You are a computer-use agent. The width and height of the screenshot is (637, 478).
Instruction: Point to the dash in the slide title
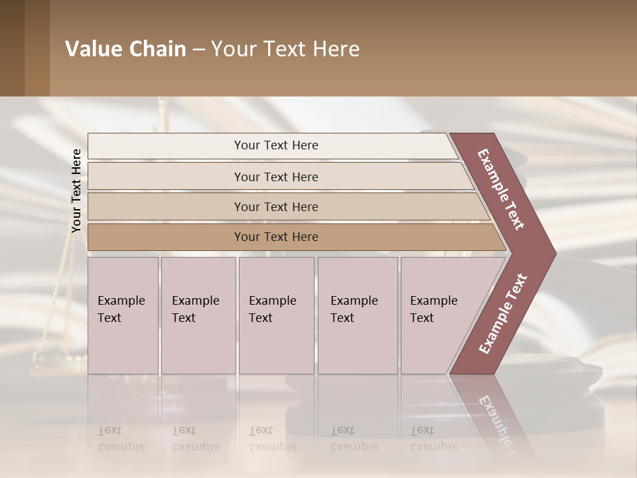pos(198,50)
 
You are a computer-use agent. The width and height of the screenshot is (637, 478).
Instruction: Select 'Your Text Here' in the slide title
pos(285,49)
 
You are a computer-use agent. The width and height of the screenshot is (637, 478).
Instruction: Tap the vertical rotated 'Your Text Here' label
pos(76,191)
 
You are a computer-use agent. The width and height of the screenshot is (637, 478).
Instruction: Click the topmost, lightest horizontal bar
pos(275,145)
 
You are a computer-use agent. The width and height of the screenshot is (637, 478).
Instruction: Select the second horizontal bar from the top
pos(275,177)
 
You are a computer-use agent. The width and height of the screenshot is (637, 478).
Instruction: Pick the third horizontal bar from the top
pos(275,206)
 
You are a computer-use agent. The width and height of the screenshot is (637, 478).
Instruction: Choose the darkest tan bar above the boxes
pos(275,237)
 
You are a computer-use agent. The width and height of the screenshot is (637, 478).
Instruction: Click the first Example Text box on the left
pos(123,315)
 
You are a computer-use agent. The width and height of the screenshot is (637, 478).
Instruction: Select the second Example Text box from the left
pos(198,315)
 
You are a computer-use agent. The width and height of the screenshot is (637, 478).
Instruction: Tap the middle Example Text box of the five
pos(276,315)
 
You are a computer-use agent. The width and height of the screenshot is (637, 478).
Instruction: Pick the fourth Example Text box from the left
pos(358,315)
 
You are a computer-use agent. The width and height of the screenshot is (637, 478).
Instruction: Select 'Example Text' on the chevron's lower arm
pos(503,313)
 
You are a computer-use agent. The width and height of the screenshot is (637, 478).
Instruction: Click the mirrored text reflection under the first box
pos(121,439)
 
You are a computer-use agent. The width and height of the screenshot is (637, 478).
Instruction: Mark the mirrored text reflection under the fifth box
pos(433,439)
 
